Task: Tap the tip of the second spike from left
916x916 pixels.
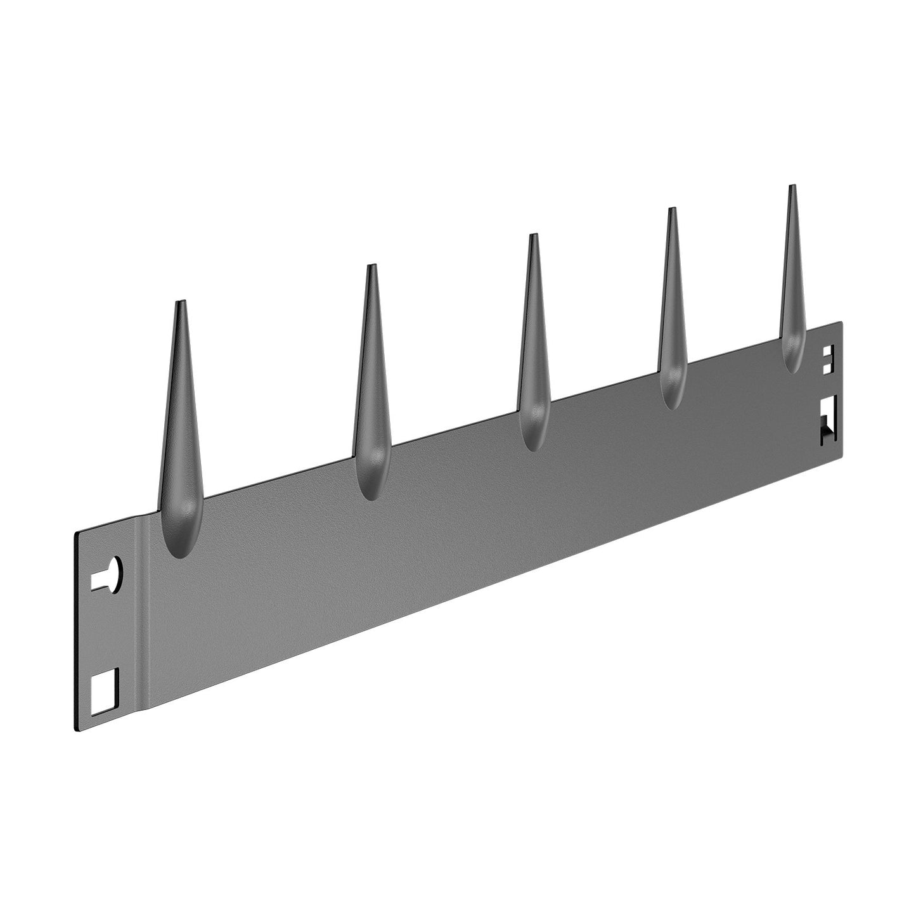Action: [x=371, y=266]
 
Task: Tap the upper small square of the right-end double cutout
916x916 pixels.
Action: [x=828, y=351]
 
